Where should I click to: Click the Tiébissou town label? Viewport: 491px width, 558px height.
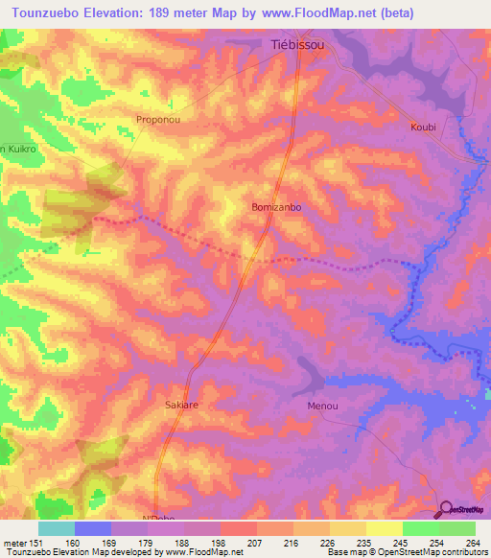pos(297,45)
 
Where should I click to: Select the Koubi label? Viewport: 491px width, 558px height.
pos(423,127)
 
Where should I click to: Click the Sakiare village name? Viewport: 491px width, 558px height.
pos(181,406)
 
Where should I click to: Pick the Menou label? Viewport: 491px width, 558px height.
pos(322,407)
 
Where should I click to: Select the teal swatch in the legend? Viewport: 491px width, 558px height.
pos(56,528)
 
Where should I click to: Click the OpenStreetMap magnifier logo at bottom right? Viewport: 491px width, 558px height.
pos(447,509)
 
